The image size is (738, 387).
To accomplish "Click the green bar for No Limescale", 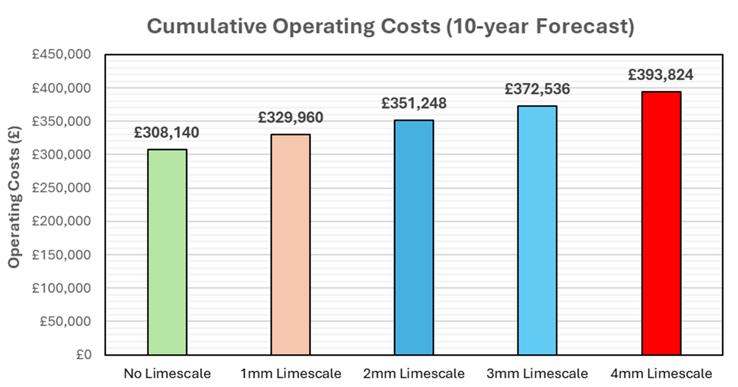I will coord(167,252).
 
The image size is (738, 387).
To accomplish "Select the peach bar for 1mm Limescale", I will coord(290,245).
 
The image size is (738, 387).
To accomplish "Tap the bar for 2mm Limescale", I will coord(414,238).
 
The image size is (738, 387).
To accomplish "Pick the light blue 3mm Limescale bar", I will coord(537,231).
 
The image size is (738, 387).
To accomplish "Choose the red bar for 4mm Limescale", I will coord(661,223).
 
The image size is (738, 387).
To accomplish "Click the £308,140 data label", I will coord(167,133).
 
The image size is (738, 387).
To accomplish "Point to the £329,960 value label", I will coord(290,117).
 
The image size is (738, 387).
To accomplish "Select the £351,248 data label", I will coord(414,103).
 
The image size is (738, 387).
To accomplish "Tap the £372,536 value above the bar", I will coord(537,89).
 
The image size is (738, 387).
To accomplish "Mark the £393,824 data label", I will coord(661,75).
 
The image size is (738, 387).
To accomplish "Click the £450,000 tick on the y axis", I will coord(62,55).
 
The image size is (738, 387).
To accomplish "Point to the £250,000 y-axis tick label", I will coord(62,189).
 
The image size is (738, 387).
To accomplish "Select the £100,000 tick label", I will coord(62,289).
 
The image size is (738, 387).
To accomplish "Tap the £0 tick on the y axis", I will coord(83,355).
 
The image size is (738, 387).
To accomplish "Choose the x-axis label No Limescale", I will coord(167,374).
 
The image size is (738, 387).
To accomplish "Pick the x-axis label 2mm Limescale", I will coord(414,374).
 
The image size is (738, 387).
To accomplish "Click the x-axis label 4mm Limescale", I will coord(661,374).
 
